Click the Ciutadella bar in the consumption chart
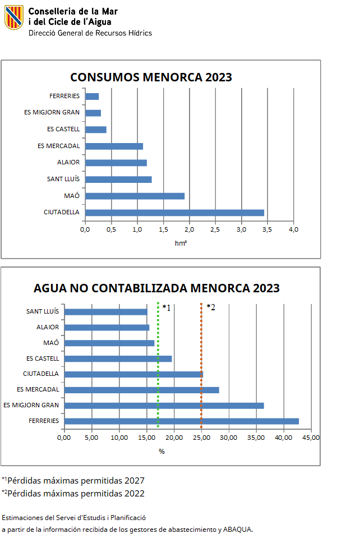point(174,213)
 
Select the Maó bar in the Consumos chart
point(135,196)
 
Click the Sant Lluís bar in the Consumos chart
point(118,180)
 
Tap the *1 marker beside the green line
point(166,307)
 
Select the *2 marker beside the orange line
point(211,307)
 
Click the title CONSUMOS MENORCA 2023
point(151,77)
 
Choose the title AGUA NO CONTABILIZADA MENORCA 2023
point(156,288)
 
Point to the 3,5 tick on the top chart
point(267,229)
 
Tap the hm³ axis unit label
point(181,243)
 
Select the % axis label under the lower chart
point(161,451)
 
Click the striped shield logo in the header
point(14,17)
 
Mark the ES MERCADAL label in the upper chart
point(59,146)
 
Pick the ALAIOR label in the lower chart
point(47,327)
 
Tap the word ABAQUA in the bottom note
point(237,529)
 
